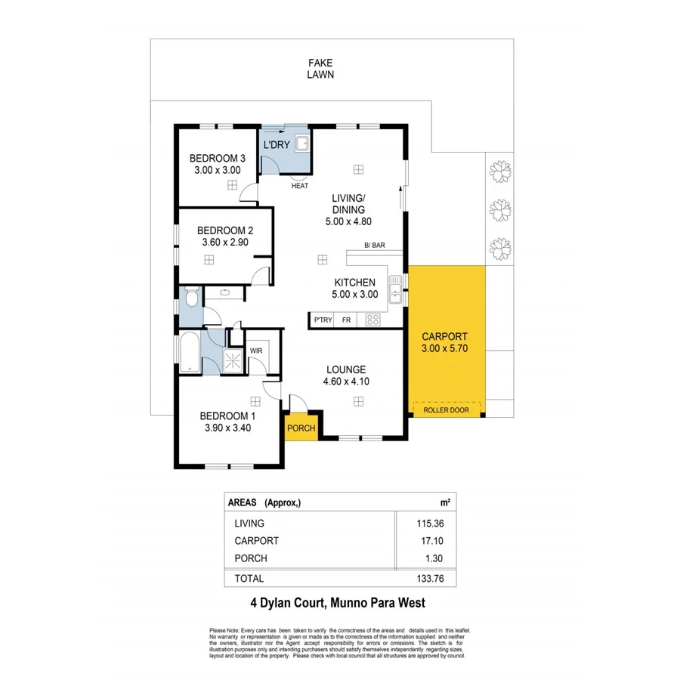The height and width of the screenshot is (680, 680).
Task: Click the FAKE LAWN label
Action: pyautogui.click(x=320, y=69)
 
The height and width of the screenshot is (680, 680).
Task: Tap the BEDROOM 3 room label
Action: pyautogui.click(x=218, y=159)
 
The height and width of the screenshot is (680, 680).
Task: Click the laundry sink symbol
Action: pyautogui.click(x=301, y=143)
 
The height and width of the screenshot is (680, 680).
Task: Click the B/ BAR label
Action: pyautogui.click(x=375, y=246)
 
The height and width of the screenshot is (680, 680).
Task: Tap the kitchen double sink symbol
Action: pyautogui.click(x=394, y=289)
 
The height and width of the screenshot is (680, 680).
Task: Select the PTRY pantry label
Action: pyautogui.click(x=323, y=320)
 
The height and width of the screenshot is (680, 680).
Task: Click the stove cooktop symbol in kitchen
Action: pyautogui.click(x=372, y=320)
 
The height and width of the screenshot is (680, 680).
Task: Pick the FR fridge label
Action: pyautogui.click(x=346, y=320)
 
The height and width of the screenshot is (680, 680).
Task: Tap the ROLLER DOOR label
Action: pyautogui.click(x=446, y=410)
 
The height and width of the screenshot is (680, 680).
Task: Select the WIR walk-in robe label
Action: pyautogui.click(x=256, y=351)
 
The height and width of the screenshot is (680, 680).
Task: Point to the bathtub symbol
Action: pyautogui.click(x=188, y=353)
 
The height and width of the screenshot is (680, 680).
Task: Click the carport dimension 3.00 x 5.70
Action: pyautogui.click(x=446, y=349)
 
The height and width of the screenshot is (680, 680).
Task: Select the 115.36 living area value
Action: pyautogui.click(x=425, y=523)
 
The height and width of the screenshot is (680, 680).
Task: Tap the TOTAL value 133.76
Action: pyautogui.click(x=425, y=578)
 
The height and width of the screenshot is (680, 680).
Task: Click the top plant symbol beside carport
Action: pyautogui.click(x=498, y=170)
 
